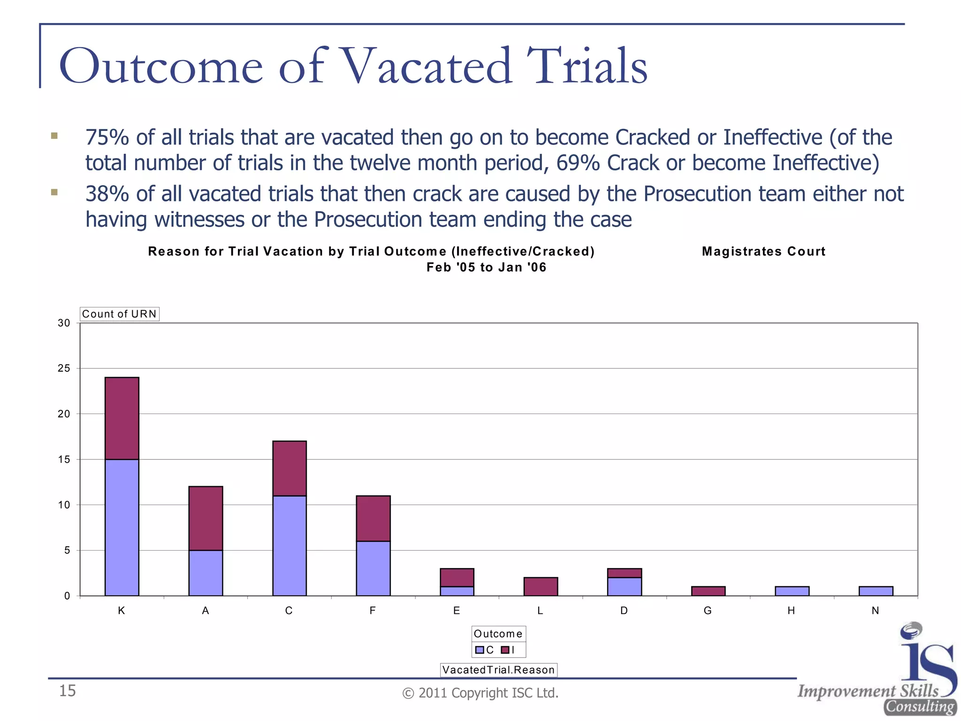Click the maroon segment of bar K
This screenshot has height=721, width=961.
tap(122, 418)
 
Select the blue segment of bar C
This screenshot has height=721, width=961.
tap(290, 545)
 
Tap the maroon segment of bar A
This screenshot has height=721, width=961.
tap(206, 518)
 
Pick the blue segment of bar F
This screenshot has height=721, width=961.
tap(373, 568)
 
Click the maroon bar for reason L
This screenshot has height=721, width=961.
tap(541, 587)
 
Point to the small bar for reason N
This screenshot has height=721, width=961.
tap(876, 591)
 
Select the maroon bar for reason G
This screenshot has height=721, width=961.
tap(708, 591)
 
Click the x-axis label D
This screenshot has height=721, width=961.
tap(624, 611)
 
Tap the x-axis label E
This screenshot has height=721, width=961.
tap(457, 611)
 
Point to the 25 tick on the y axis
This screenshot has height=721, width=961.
tap(64, 368)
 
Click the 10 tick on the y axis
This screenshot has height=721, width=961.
tap(64, 505)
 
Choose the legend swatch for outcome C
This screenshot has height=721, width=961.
tap(479, 650)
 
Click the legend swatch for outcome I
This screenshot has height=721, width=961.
tap(505, 650)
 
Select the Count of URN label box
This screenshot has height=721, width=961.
tap(119, 314)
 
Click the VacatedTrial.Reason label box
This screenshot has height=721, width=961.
tap(498, 670)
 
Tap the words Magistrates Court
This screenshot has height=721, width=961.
tap(763, 252)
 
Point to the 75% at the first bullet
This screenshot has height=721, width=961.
tap(107, 138)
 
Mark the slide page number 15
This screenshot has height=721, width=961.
tap(67, 691)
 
